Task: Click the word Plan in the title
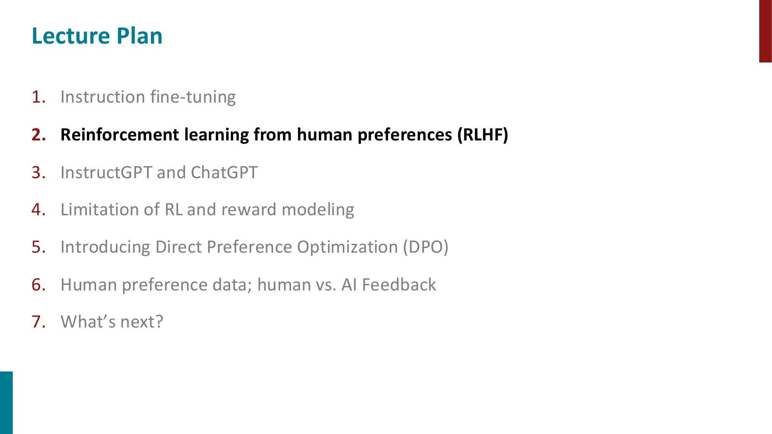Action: (139, 36)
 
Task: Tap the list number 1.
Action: (38, 97)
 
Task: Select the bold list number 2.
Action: (38, 135)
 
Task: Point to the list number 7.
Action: (38, 321)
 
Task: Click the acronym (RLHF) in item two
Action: (482, 135)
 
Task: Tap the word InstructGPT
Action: (106, 172)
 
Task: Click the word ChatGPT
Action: (224, 172)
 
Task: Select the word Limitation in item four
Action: (99, 209)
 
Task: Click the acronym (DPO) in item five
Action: (425, 247)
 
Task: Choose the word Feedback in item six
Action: (399, 285)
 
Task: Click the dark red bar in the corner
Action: (765, 31)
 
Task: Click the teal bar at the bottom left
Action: (6, 402)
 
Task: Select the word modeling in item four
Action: (318, 209)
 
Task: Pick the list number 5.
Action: (38, 247)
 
